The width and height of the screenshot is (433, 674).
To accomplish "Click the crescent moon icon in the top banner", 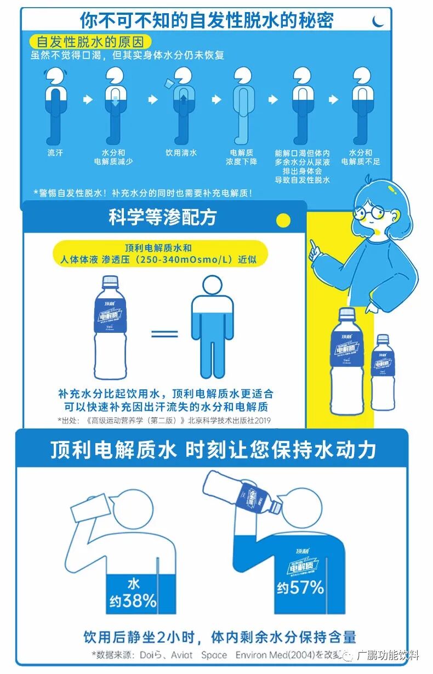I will click(378, 21).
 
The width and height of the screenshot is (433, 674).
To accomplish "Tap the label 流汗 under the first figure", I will click(55, 153).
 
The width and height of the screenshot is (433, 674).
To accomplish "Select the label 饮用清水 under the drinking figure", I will click(181, 153).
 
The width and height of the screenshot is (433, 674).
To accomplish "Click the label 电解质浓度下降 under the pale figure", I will click(241, 157).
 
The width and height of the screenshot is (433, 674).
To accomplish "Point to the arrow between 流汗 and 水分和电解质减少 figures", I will click(87, 100).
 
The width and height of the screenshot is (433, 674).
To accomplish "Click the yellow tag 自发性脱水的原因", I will click(89, 42).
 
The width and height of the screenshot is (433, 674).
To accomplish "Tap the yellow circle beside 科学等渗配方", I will click(283, 220).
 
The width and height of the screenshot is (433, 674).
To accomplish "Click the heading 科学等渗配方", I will click(163, 218).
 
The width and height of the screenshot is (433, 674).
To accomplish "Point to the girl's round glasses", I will click(367, 212).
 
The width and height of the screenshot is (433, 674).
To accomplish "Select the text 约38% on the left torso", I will click(132, 601).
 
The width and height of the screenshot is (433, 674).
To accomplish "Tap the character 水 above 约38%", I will click(133, 582).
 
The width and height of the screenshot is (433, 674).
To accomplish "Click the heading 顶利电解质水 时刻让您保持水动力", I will click(213, 450).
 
